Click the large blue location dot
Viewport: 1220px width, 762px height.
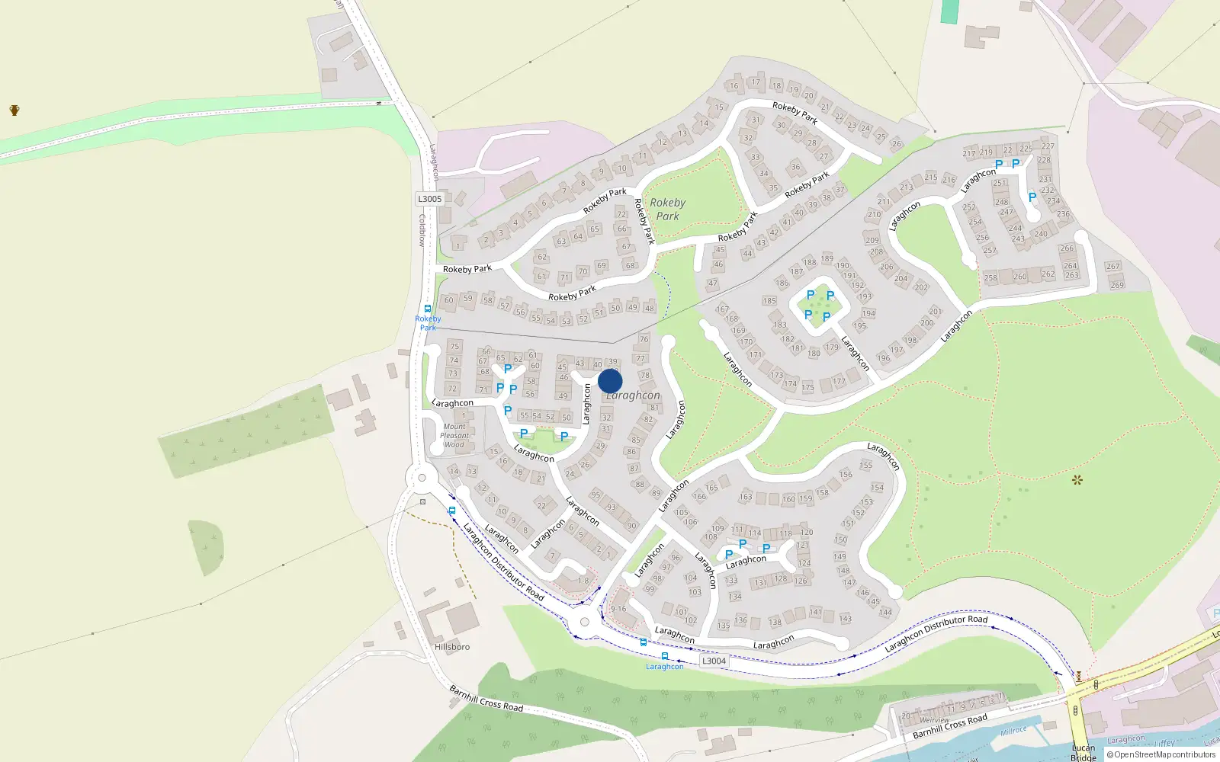pos(610,381)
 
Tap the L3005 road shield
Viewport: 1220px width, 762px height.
pos(429,199)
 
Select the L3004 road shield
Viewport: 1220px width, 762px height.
pos(714,661)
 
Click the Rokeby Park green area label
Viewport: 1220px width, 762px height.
pos(667,209)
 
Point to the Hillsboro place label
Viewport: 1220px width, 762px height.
pos(452,647)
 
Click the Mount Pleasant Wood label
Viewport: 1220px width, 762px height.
pos(454,436)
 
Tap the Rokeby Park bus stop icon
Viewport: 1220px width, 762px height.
pos(428,309)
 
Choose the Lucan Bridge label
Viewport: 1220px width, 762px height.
pos(1083,752)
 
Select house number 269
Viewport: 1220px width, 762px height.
pos(1117,285)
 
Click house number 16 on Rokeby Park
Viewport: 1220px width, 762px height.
pos(734,86)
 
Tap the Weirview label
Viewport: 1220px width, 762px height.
pos(934,719)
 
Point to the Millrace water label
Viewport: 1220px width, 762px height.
pos(1013,731)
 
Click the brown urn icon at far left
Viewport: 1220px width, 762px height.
pos(14,110)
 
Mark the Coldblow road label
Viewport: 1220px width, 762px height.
pos(422,229)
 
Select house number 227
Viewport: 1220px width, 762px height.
pos(1048,146)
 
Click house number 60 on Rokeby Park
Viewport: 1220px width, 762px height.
pos(448,300)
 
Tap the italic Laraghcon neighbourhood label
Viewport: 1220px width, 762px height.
pos(634,395)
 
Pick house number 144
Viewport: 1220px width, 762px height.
pos(885,612)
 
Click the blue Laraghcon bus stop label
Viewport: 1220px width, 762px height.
pos(665,667)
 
